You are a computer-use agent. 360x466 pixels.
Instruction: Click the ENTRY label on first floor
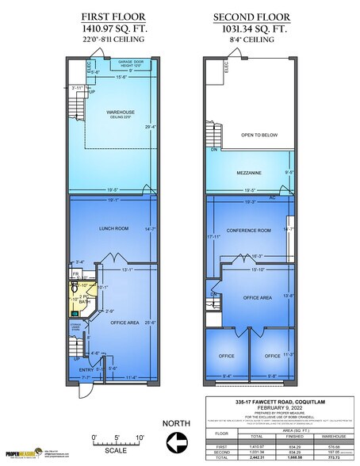[x=85, y=368]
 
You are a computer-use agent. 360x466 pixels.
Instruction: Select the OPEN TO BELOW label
[x=259, y=136]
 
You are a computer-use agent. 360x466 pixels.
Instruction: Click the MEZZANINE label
[x=248, y=172]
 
